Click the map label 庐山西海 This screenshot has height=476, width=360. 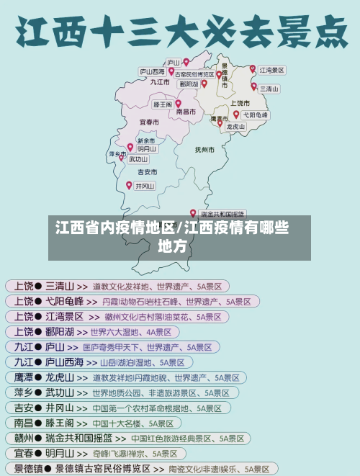point(151,71)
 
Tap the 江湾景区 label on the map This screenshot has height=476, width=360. point(272,71)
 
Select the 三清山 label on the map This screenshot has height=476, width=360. point(269,89)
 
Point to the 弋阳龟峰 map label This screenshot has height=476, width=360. point(256,115)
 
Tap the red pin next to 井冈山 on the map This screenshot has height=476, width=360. point(130,186)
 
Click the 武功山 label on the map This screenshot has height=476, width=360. point(139,159)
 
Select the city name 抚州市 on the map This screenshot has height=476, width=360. point(204,150)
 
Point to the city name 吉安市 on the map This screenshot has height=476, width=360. point(148,172)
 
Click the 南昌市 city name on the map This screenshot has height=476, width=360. point(186,112)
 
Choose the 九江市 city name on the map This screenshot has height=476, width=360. point(160,82)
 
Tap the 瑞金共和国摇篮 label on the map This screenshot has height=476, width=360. point(222,214)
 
